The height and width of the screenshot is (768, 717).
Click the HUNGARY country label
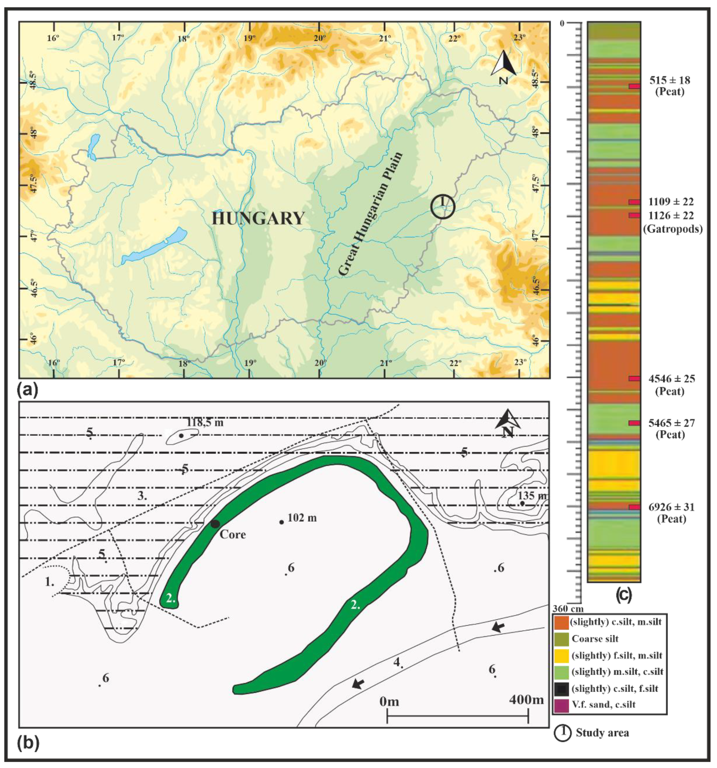pos(258,219)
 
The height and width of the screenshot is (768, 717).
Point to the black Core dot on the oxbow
pos(215,524)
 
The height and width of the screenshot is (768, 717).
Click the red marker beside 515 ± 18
pos(634,86)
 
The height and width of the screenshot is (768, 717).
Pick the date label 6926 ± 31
pos(672,507)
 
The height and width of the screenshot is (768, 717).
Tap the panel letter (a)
pos(27,390)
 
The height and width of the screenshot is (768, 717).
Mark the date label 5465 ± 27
pos(672,423)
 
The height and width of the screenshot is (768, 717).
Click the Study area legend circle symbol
pos(563,733)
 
